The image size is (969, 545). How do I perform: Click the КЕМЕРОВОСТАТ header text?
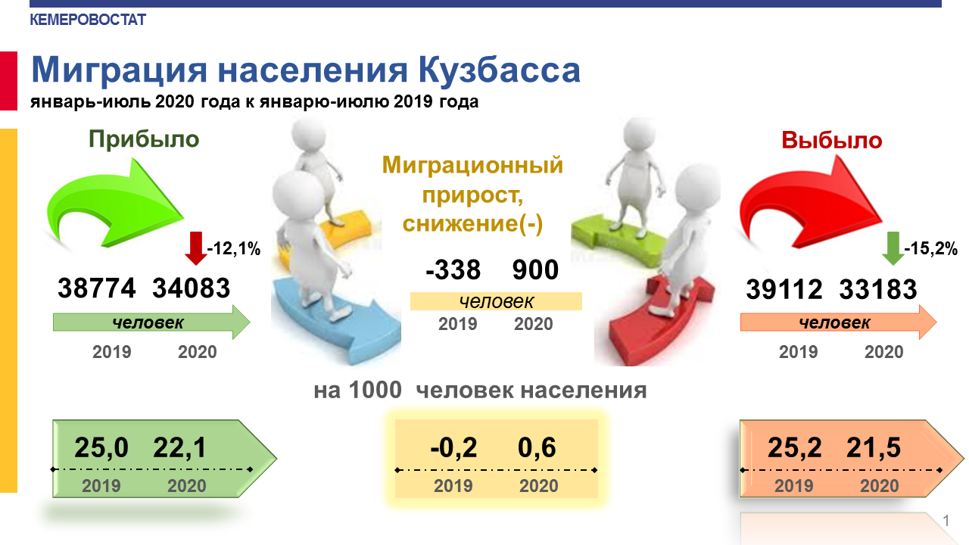tap(88, 20)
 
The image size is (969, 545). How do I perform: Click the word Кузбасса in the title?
tap(499, 70)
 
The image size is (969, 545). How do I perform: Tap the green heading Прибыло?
tap(144, 140)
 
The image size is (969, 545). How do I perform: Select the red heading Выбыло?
tap(831, 140)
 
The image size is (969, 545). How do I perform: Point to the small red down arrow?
tap(196, 248)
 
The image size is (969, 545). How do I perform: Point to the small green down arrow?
tap(893, 248)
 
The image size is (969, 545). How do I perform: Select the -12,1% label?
tap(234, 249)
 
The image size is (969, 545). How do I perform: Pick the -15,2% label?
tap(930, 248)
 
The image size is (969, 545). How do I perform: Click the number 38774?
tap(96, 288)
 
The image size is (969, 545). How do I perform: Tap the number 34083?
tap(192, 288)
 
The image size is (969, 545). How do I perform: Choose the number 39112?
tap(784, 289)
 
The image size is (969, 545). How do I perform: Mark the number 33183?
tap(878, 289)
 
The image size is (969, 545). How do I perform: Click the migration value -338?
tap(453, 270)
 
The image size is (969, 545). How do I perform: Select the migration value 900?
tap(535, 270)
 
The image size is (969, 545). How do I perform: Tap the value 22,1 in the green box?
tap(180, 447)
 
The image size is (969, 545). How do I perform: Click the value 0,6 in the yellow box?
tap(537, 447)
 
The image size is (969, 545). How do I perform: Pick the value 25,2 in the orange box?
tap(795, 447)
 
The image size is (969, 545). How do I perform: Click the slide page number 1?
tap(946, 521)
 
